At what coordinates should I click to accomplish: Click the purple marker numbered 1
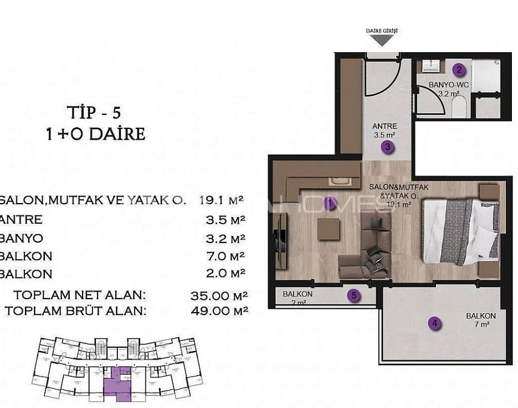pos(330,203)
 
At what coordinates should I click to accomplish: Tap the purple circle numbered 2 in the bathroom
pos(459,70)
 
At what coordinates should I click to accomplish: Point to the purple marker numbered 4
pos(435,324)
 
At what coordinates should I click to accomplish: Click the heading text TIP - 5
pos(94,113)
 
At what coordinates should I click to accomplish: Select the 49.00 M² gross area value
pos(219,311)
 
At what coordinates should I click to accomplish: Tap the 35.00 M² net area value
pos(219,295)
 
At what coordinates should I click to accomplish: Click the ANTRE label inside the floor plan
pos(384,127)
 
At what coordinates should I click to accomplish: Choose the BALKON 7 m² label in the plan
pos(480,319)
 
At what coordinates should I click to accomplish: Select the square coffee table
pos(328,229)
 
